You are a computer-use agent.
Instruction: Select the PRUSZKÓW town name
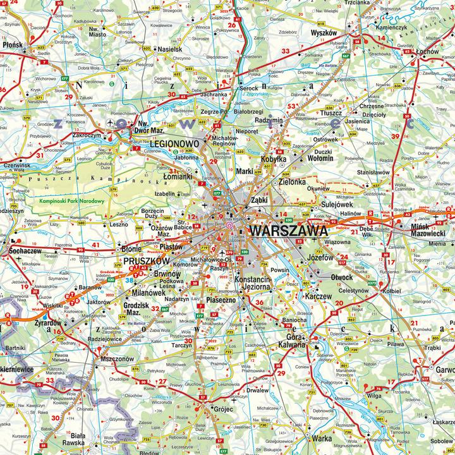[147, 260]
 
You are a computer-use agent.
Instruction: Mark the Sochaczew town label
[24, 250]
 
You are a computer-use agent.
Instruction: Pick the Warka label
[322, 438]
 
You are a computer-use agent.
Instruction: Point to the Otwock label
[342, 277]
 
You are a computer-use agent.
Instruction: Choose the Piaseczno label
[221, 300]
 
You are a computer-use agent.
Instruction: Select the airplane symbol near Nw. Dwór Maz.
[111, 122]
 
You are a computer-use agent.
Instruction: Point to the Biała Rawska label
[78, 440]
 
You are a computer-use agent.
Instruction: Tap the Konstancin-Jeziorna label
[253, 282]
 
